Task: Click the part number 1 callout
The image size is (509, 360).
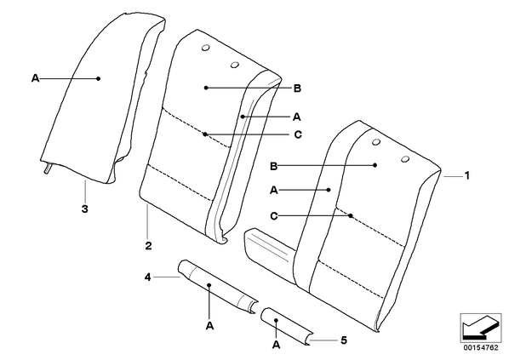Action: click(x=466, y=175)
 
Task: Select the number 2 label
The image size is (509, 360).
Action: click(x=148, y=245)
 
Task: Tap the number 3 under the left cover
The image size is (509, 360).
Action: click(x=85, y=209)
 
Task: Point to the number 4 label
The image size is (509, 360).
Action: click(x=148, y=277)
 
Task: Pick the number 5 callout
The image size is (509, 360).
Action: click(x=344, y=340)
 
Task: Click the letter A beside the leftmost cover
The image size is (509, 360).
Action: click(x=36, y=78)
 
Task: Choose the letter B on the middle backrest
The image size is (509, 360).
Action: click(x=297, y=88)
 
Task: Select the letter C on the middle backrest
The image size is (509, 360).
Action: click(x=298, y=134)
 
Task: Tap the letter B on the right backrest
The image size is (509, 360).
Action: click(x=274, y=166)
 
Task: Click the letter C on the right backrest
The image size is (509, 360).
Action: click(x=274, y=216)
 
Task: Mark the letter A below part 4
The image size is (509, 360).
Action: click(x=209, y=325)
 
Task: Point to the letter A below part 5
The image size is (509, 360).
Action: click(x=276, y=345)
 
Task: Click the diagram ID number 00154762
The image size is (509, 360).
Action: click(x=481, y=348)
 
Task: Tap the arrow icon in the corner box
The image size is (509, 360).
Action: click(x=481, y=327)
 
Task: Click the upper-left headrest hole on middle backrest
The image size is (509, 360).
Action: click(x=205, y=48)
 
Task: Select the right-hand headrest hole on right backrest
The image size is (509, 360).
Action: click(x=405, y=158)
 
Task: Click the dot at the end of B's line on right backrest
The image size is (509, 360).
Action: click(x=375, y=165)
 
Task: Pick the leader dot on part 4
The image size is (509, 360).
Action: click(x=209, y=285)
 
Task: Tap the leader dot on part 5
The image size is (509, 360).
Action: click(x=276, y=320)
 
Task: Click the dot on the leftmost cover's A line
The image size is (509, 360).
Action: click(x=99, y=78)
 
